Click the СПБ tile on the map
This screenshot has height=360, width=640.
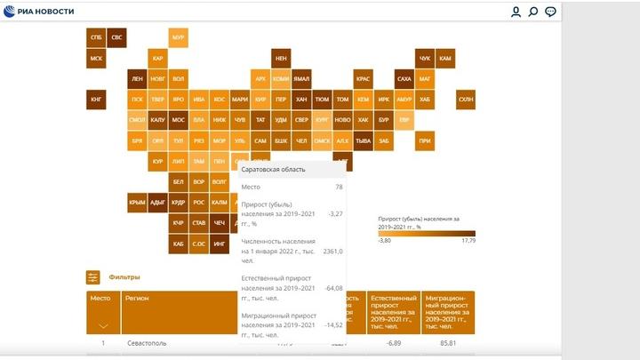tap(95, 37)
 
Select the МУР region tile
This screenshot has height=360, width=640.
tap(178, 37)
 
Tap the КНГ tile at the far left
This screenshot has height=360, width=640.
tap(95, 99)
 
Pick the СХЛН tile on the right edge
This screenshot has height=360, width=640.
tap(466, 99)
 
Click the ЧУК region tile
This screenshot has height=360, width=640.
tap(425, 58)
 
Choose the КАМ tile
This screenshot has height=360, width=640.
tap(445, 58)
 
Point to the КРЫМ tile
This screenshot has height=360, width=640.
tap(137, 202)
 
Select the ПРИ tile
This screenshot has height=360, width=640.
tap(425, 140)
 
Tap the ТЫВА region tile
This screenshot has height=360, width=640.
tap(363, 140)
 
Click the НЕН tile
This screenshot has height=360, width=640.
tap(281, 58)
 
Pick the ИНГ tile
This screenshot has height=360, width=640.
tap(220, 243)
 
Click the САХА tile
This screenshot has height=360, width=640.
tap(404, 78)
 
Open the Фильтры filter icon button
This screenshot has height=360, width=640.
tap(93, 277)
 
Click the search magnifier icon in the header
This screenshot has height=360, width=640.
tap(533, 12)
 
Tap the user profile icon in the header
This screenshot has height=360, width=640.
tap(516, 12)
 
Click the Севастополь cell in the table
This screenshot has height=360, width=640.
tap(146, 343)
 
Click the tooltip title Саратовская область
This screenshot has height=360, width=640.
tap(273, 169)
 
